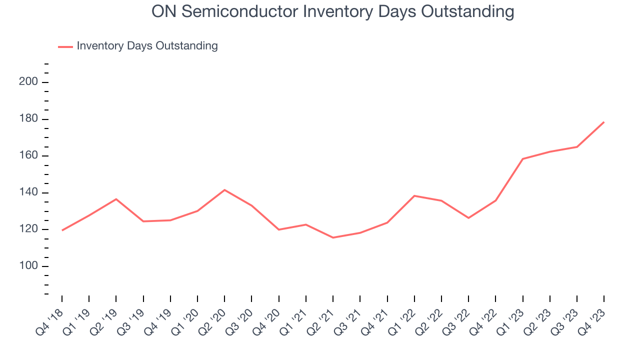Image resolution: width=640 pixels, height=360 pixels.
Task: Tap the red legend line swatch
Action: click(65, 46)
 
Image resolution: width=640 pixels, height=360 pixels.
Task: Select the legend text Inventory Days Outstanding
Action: click(147, 46)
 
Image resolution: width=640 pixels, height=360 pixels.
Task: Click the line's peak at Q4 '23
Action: click(604, 122)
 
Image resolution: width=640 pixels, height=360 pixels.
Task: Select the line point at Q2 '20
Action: click(224, 190)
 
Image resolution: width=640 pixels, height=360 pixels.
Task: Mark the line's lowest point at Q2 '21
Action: click(333, 237)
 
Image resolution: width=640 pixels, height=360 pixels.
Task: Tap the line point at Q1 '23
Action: click(523, 159)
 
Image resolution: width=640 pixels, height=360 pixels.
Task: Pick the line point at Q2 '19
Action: click(116, 199)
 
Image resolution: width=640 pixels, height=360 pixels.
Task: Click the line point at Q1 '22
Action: click(414, 195)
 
